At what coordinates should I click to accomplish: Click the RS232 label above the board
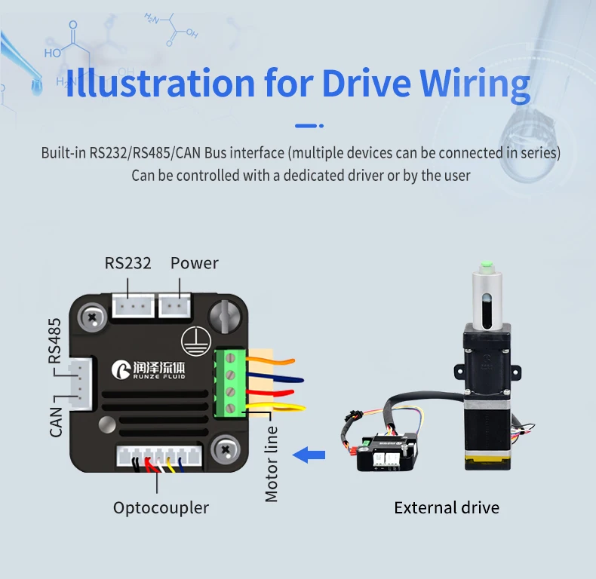[x=128, y=263]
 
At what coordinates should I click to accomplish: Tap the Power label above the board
[x=194, y=263]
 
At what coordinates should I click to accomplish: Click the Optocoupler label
[x=161, y=507]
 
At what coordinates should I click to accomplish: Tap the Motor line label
[x=272, y=464]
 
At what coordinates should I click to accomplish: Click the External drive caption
[x=447, y=507]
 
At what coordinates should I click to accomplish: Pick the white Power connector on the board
[x=174, y=305]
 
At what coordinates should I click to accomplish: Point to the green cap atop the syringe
[x=487, y=265]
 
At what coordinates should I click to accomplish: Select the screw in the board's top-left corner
[x=93, y=317]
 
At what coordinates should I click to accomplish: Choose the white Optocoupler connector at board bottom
[x=159, y=456]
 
